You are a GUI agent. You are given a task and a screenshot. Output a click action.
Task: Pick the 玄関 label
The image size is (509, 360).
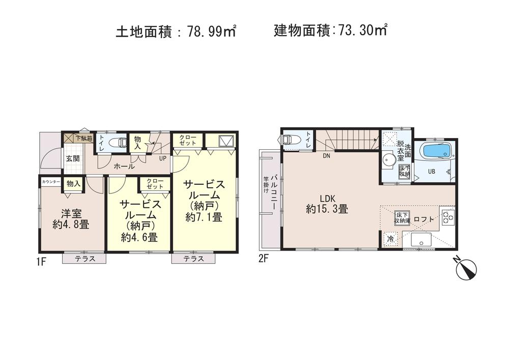click(72, 158)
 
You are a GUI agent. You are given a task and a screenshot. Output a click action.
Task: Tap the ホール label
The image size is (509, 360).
click(124, 167)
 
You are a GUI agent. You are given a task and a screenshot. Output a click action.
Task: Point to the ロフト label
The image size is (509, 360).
click(424, 219)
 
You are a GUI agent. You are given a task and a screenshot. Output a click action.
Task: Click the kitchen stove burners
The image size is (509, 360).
click(448, 217)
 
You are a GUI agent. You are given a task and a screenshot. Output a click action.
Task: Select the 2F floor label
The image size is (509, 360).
click(263, 258)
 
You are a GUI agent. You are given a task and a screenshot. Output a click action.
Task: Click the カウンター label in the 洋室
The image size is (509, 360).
click(51, 182)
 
